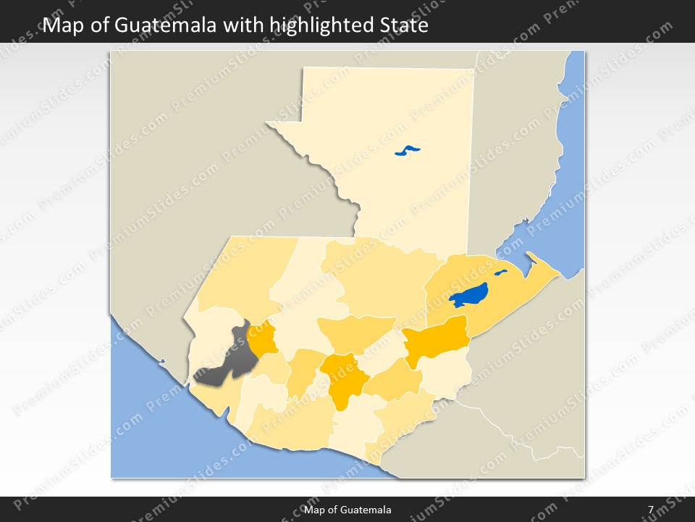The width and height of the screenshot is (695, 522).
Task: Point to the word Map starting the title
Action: [x=60, y=26]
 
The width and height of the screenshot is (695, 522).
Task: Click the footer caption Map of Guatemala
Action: [x=347, y=510]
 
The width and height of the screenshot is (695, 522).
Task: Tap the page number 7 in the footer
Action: [x=651, y=510]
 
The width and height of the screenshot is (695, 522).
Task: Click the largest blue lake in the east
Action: [x=468, y=296]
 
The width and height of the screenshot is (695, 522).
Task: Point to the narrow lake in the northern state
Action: [x=408, y=151]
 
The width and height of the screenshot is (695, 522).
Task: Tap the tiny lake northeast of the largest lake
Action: [x=500, y=273]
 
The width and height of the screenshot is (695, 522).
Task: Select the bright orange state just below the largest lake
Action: [x=437, y=338]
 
